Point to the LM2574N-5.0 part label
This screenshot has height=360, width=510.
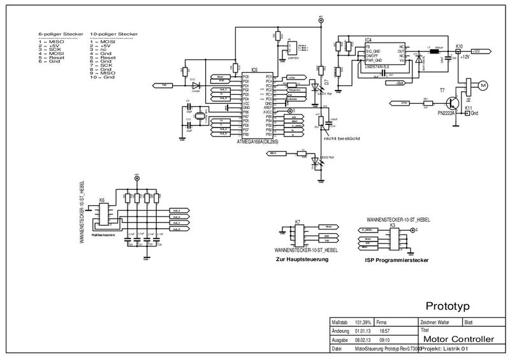tap(381, 64)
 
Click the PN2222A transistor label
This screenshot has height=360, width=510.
tap(444, 112)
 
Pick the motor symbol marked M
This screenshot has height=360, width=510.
tap(482, 85)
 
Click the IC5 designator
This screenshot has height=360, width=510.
tap(255, 69)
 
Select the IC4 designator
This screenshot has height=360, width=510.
tap(368, 40)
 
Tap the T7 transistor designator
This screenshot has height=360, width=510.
tap(443, 92)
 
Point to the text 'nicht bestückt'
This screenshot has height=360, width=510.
tap(342, 137)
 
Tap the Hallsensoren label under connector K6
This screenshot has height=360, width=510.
tap(103, 235)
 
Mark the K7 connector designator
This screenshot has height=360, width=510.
tap(297, 221)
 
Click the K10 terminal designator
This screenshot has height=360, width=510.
tap(460, 46)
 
